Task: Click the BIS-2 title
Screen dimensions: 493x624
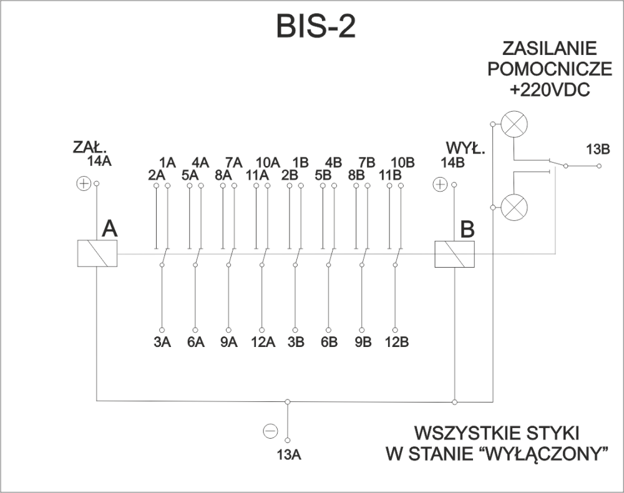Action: point(315,26)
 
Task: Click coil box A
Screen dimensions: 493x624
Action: point(97,254)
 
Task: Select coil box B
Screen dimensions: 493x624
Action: point(454,254)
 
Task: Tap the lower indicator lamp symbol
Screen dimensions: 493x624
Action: point(513,206)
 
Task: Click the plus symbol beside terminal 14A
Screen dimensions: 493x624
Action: point(82,183)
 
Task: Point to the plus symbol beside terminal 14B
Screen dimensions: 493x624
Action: point(440,184)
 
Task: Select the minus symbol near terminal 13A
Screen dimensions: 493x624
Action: point(270,431)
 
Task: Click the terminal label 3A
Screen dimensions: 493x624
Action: point(162,342)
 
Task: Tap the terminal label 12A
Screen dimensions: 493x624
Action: point(263,342)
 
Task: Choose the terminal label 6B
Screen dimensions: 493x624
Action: point(329,342)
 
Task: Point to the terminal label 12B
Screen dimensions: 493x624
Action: point(396,342)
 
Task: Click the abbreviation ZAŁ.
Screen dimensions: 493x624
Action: point(90,149)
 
